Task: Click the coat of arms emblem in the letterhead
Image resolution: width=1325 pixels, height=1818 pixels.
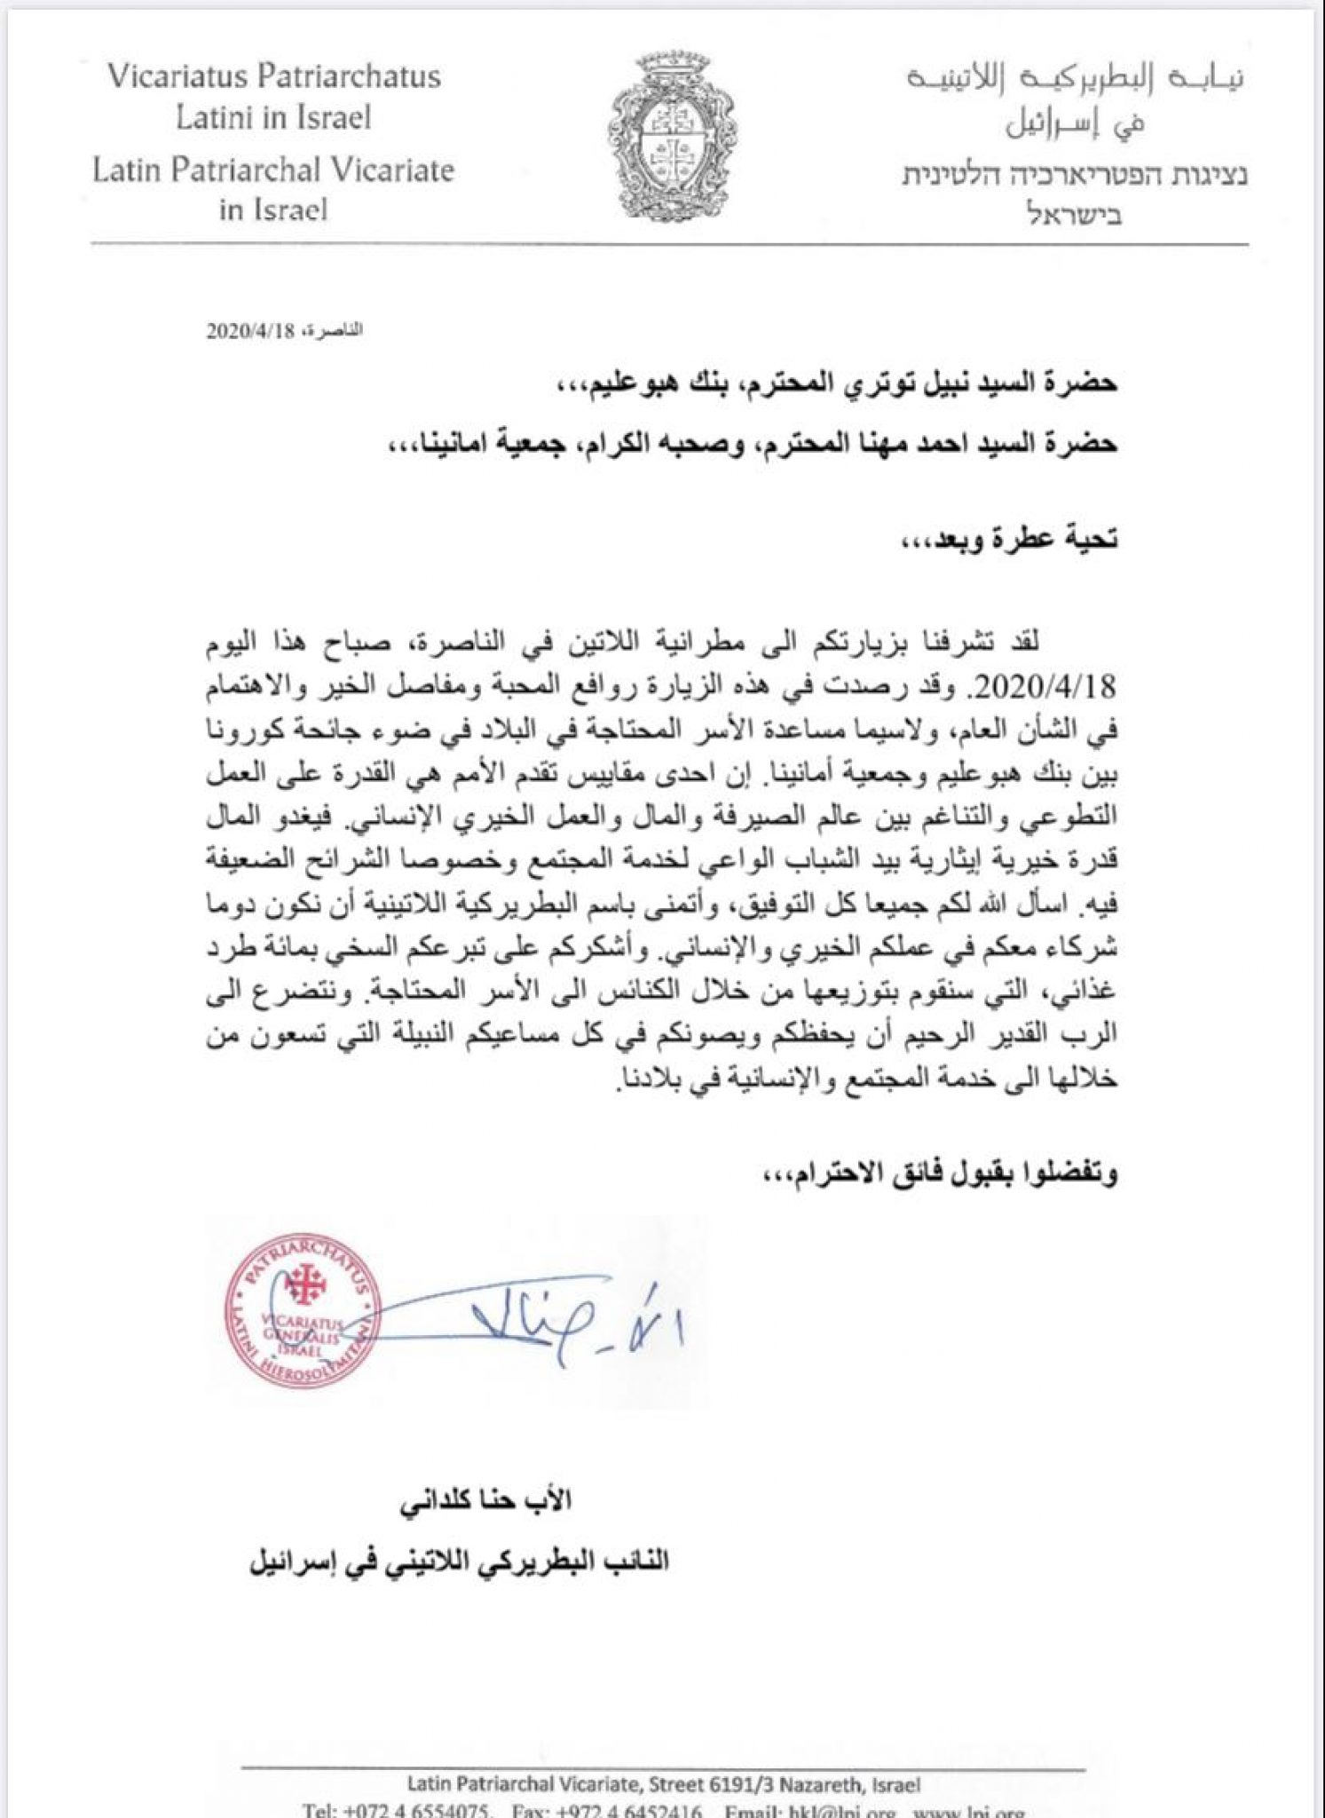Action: (x=672, y=146)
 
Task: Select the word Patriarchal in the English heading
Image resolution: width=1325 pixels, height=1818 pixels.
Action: (x=260, y=170)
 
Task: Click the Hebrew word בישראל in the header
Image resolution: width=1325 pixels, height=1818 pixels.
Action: (x=1074, y=215)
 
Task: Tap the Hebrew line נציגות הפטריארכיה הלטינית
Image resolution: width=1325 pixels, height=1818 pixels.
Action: (x=1074, y=175)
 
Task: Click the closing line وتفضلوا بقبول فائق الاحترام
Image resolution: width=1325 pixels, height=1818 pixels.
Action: (x=941, y=1174)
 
